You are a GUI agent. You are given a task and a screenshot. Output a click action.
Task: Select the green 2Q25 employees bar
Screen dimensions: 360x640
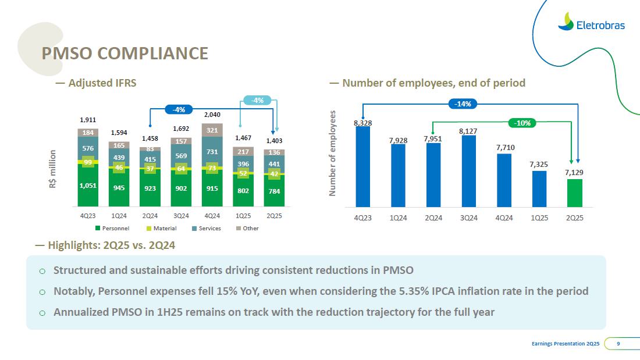tap(574, 193)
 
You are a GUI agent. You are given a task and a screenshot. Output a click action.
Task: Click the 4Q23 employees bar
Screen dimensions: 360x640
tap(363, 166)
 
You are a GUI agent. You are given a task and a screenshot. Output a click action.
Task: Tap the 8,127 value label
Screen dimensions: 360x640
tap(468, 131)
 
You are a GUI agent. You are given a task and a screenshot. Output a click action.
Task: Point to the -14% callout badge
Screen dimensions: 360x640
tap(464, 104)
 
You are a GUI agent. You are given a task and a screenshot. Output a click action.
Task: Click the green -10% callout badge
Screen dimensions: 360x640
tap(522, 123)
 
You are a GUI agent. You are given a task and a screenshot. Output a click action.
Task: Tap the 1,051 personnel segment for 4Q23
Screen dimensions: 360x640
tap(88, 186)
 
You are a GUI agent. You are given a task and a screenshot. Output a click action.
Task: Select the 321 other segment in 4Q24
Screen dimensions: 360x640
tap(212, 130)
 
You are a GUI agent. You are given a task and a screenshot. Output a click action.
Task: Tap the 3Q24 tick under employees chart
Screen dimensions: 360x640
tap(468, 218)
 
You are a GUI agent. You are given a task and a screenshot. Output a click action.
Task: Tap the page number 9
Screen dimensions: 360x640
tap(618, 344)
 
